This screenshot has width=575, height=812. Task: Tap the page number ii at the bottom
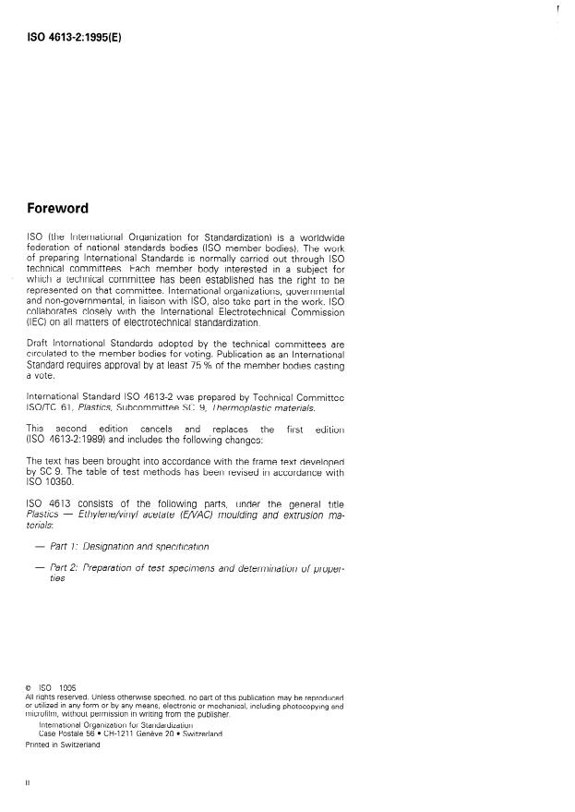point(29,782)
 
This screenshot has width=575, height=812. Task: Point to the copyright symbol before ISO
point(29,687)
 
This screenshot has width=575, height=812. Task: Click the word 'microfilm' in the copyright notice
point(44,714)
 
